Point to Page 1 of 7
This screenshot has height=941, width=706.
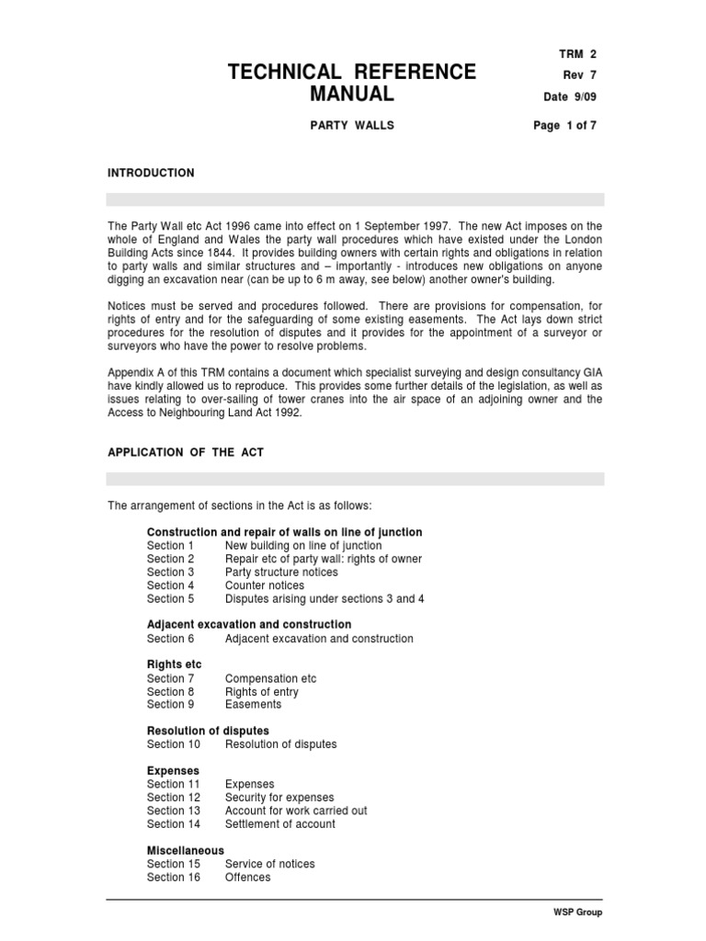[x=565, y=126]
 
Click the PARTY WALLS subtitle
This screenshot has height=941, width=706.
[x=351, y=126]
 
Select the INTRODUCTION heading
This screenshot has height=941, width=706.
[x=151, y=173]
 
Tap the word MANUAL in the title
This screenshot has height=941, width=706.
[x=351, y=94]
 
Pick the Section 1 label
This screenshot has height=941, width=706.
[x=170, y=546]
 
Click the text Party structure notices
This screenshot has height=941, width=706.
[x=281, y=572]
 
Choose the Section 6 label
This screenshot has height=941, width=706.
[x=170, y=639]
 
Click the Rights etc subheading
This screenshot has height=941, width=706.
[x=174, y=664]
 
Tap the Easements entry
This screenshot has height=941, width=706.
[x=253, y=705]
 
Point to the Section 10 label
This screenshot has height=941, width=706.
[x=173, y=744]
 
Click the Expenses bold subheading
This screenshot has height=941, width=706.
[x=173, y=770]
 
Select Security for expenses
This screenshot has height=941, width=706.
[x=279, y=798]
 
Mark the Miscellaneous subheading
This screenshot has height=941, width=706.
[x=185, y=851]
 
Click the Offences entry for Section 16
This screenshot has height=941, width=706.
[x=247, y=878]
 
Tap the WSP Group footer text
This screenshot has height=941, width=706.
[x=577, y=913]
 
